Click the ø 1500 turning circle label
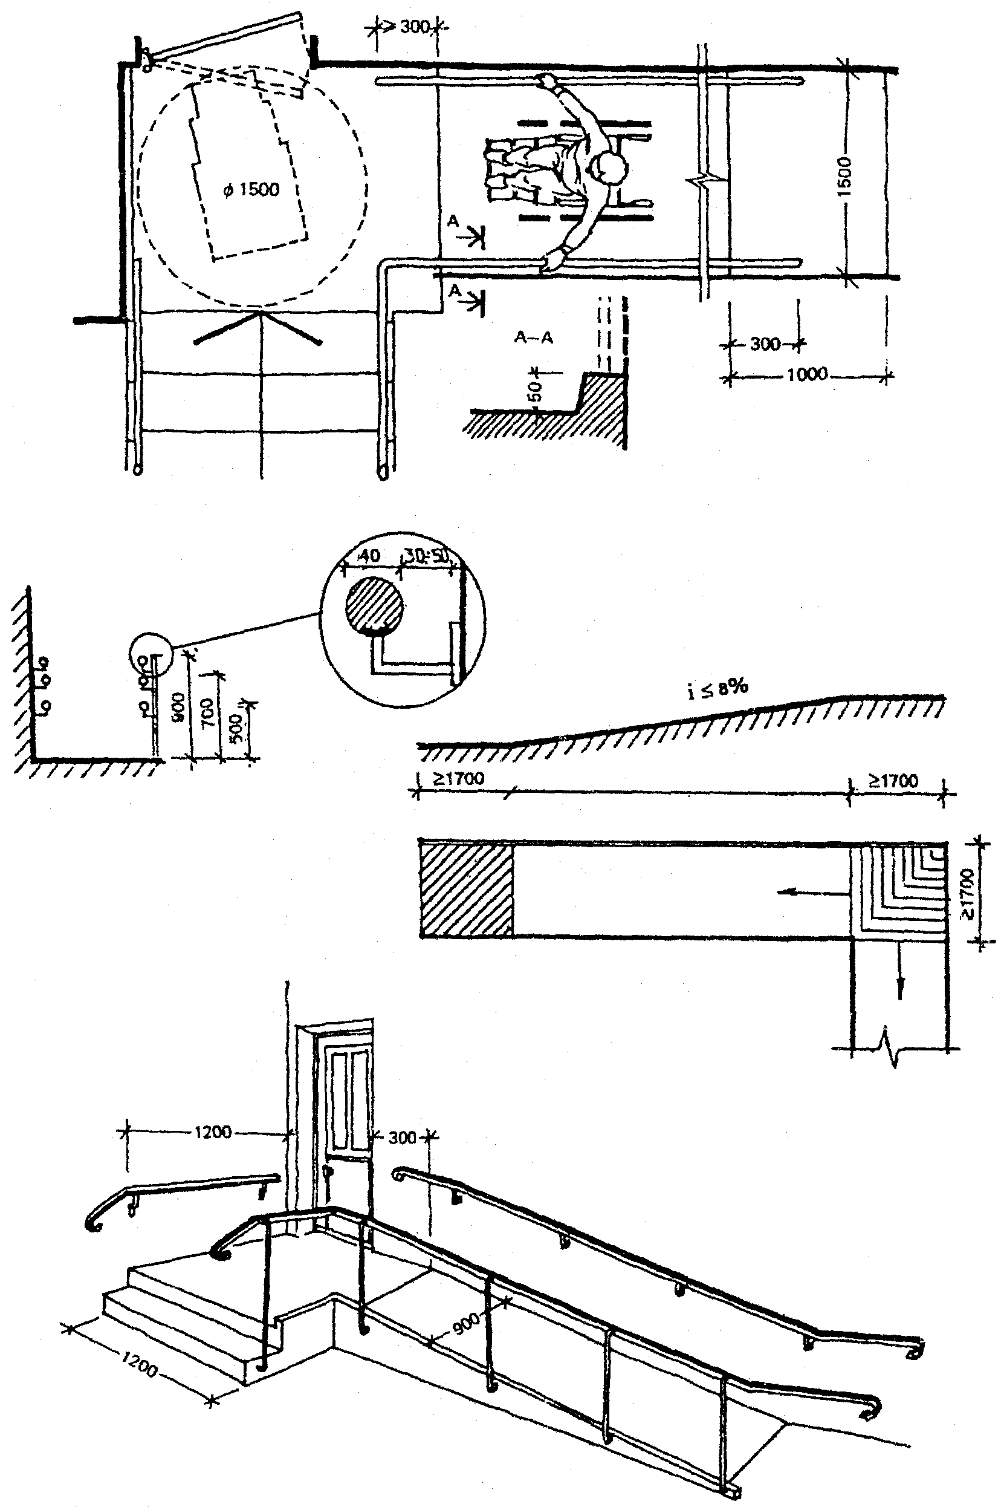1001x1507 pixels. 251,190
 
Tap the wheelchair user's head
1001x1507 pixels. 611,168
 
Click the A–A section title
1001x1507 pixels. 534,338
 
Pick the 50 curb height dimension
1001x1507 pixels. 536,389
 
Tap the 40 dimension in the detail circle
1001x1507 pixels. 369,556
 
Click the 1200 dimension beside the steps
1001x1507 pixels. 138,1369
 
